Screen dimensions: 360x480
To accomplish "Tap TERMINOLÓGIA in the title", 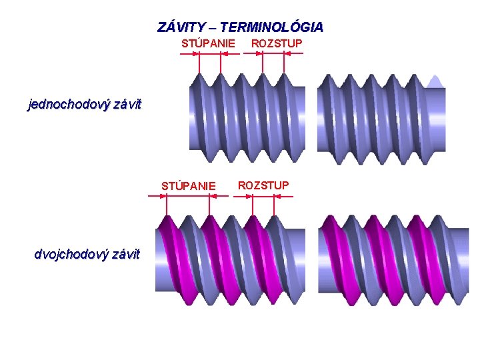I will click(271, 27).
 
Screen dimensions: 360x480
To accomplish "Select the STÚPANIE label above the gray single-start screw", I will click(208, 43).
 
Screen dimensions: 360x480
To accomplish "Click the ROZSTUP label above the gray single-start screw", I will click(276, 43).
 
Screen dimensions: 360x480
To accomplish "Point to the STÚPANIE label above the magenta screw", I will click(189, 185).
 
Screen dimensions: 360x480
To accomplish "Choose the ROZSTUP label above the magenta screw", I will click(263, 185).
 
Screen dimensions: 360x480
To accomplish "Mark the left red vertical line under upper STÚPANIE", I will click(199, 63).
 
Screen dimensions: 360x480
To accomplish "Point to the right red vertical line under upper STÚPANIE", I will click(221, 63).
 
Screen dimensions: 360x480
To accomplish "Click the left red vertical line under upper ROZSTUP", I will click(263, 63).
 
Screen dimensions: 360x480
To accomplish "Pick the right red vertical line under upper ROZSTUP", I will click(285, 63).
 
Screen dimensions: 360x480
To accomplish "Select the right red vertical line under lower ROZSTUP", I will click(275, 207).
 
